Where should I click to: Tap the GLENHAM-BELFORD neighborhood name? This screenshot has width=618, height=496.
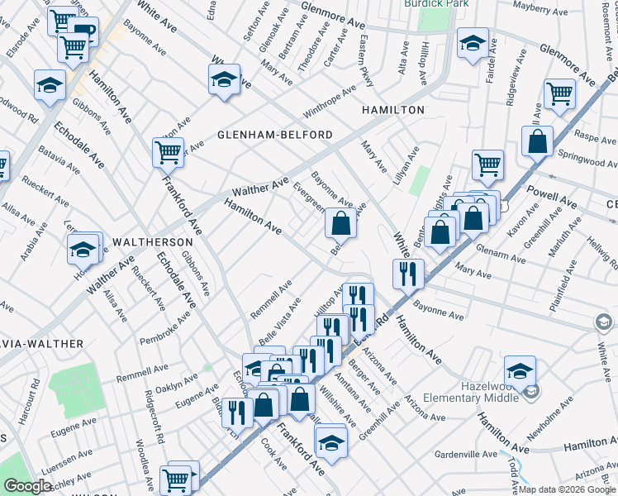275,135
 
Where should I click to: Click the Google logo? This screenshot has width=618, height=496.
27,487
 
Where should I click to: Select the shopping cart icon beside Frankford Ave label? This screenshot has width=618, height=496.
168,151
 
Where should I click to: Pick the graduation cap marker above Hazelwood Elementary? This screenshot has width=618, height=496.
520,371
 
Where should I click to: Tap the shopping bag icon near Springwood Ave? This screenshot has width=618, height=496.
537,141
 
